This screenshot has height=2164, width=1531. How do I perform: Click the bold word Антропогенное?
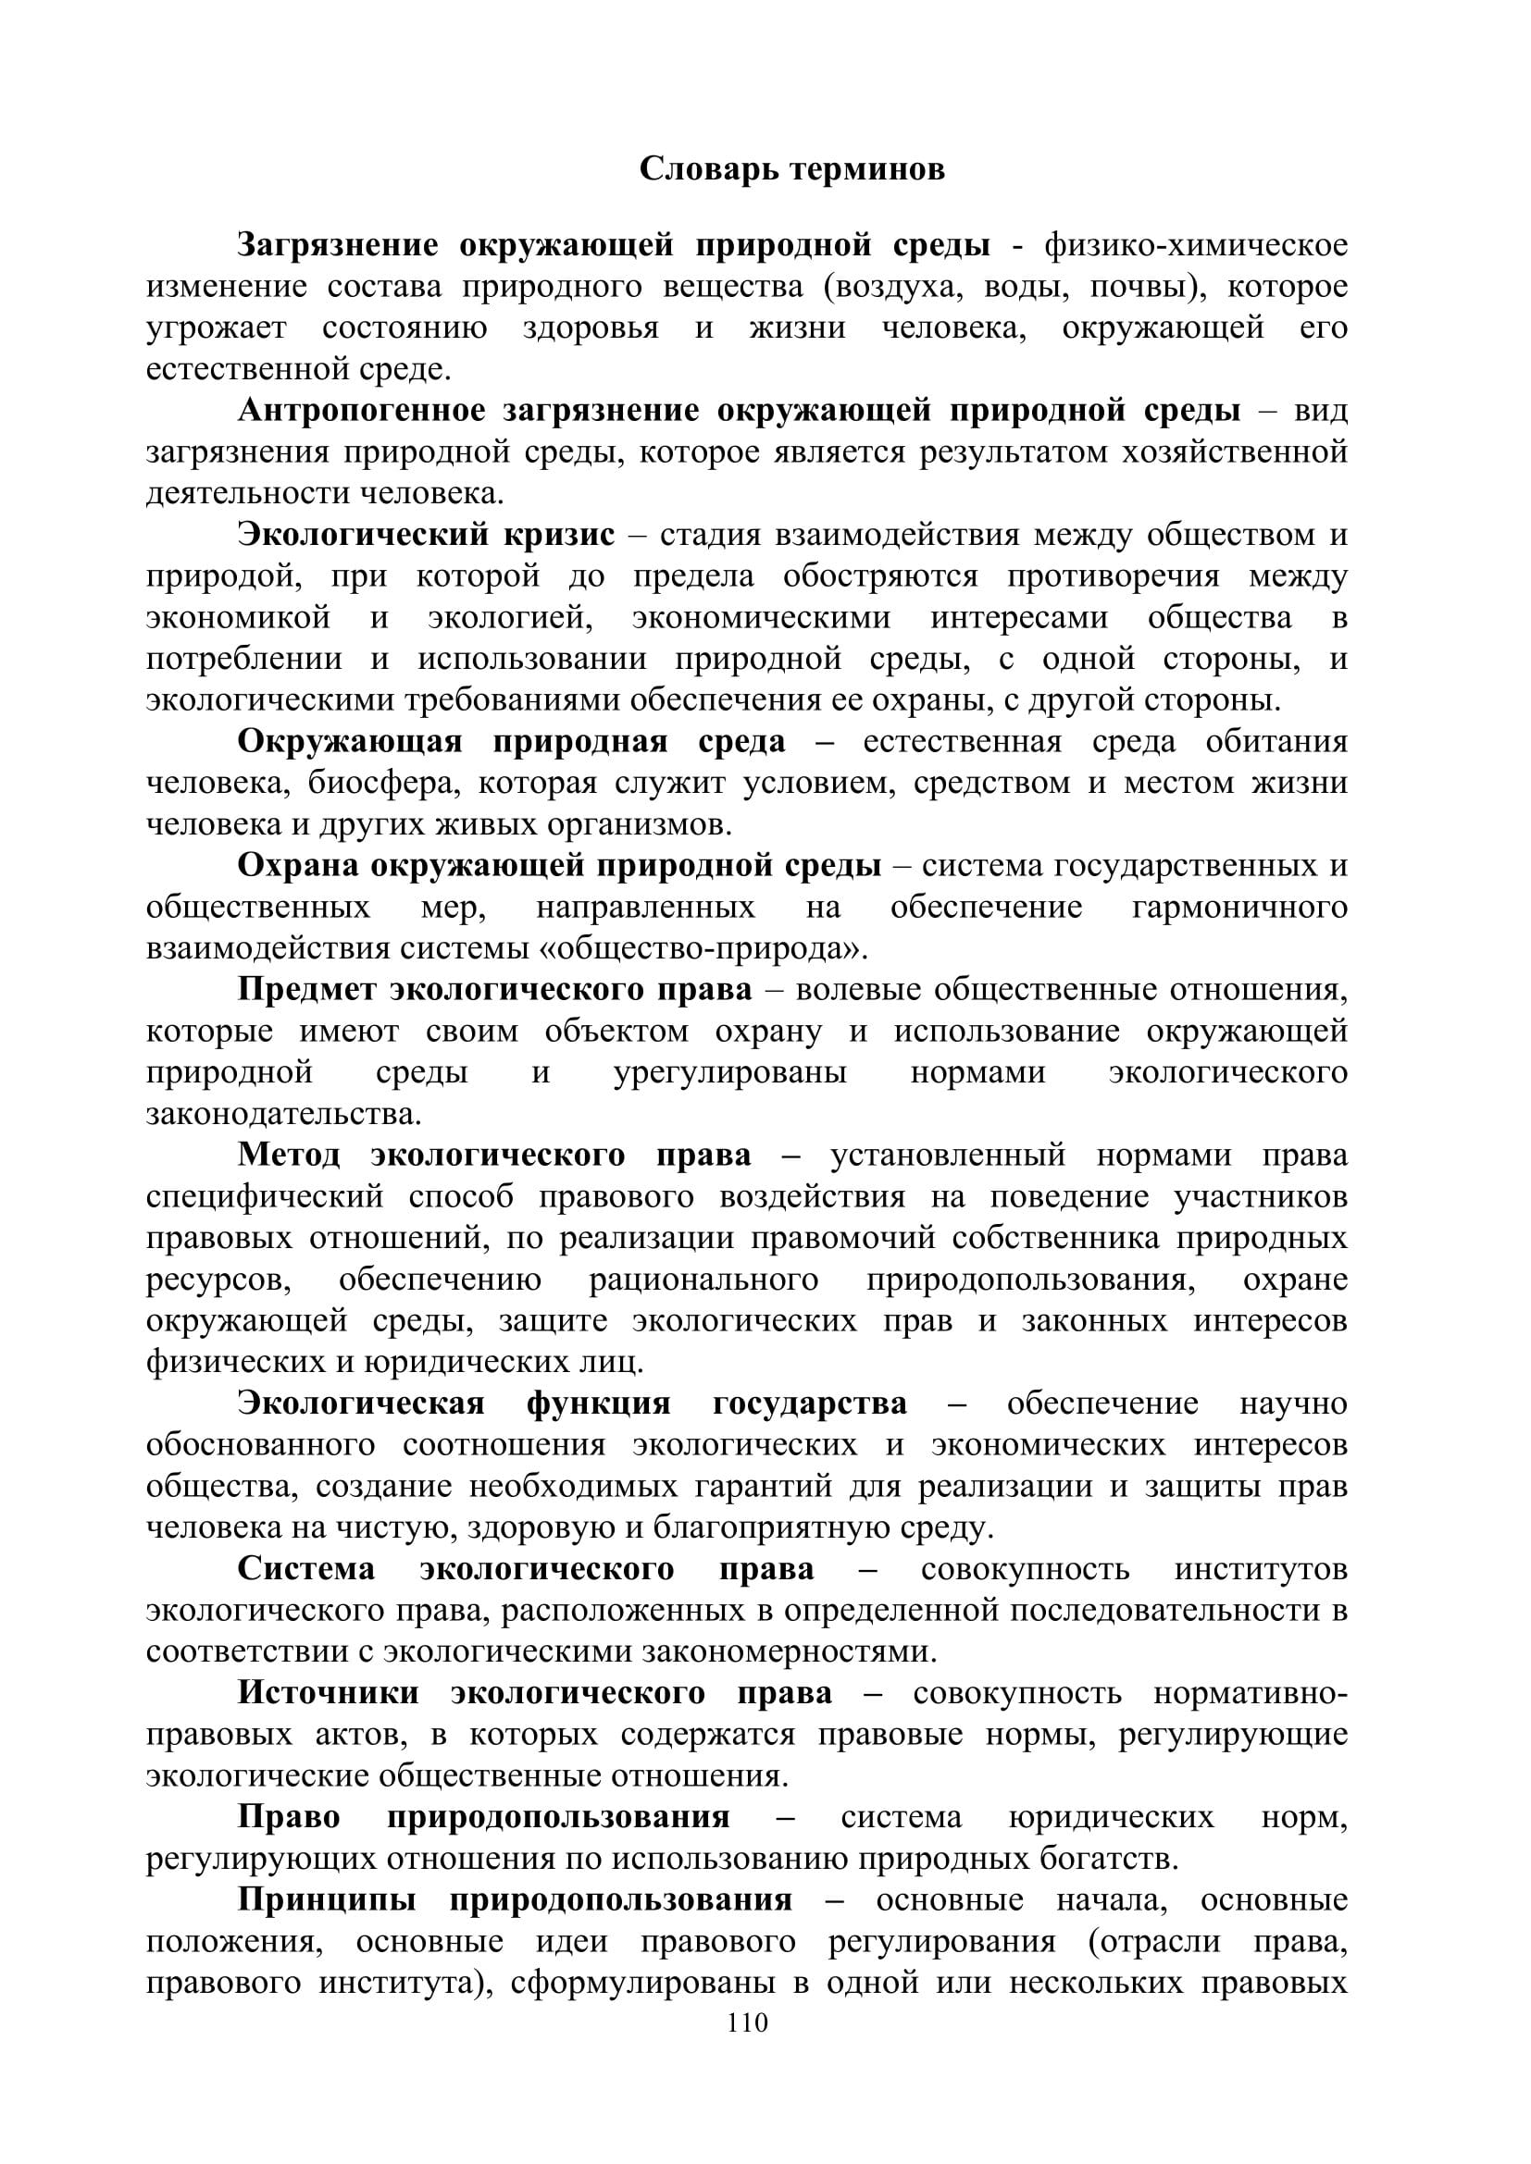361,411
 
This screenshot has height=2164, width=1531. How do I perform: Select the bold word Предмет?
306,990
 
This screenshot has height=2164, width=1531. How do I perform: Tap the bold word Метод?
289,1156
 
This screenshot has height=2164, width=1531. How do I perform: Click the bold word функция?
599,1404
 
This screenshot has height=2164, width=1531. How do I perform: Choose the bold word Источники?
328,1693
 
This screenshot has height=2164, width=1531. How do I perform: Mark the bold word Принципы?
326,1900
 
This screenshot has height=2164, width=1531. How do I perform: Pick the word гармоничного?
1238,908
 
